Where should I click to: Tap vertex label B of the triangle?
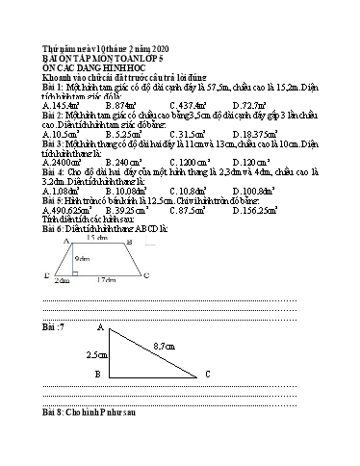(96, 374)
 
